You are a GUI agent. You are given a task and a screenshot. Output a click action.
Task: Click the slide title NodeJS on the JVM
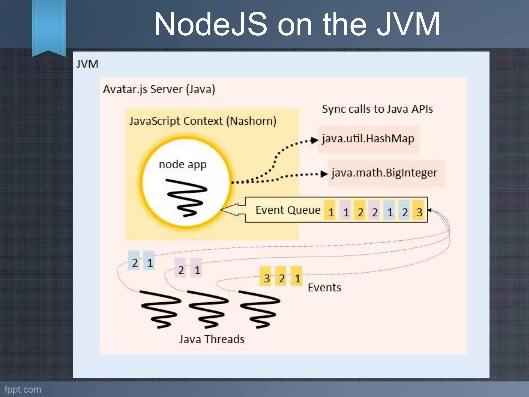(297, 25)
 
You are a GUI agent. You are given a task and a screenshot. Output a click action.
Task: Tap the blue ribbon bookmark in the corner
(49, 26)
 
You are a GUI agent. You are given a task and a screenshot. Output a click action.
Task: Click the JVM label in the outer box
(87, 64)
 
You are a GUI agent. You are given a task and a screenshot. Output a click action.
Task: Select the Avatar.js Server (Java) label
(159, 89)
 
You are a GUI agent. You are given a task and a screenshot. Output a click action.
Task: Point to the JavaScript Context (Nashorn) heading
(203, 121)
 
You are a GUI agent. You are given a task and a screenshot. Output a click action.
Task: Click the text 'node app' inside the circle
(183, 164)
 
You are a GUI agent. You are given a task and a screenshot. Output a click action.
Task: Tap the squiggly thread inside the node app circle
(186, 197)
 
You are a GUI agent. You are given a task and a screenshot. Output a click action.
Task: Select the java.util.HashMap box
(368, 139)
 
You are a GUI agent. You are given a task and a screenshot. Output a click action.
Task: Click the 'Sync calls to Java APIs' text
(377, 109)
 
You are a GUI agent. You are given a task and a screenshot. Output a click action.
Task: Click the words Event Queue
(288, 210)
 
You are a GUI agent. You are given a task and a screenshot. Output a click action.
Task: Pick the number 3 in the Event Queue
(419, 212)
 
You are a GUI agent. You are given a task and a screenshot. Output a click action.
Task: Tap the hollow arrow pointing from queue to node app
(232, 210)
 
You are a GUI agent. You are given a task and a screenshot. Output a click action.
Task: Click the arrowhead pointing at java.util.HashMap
(314, 140)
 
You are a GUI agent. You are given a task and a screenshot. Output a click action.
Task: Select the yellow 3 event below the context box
(267, 278)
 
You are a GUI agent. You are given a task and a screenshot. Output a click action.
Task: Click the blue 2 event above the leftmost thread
(134, 262)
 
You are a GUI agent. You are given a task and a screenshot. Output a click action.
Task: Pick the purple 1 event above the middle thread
(197, 270)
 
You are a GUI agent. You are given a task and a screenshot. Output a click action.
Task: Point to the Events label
(324, 287)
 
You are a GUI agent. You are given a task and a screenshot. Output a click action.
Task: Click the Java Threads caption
(212, 339)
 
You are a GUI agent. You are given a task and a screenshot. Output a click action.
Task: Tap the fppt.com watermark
(23, 389)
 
